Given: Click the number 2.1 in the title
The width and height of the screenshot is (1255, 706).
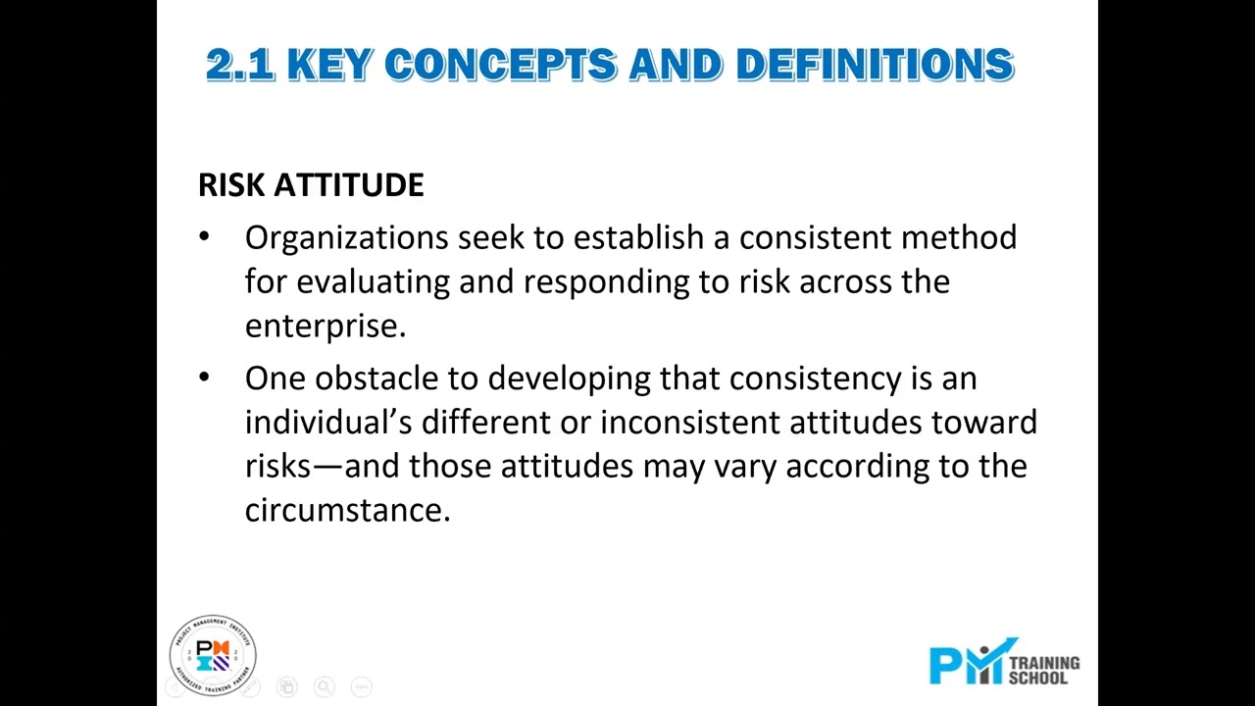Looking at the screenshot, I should (x=240, y=66).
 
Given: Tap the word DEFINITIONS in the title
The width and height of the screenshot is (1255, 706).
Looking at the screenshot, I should (x=875, y=66).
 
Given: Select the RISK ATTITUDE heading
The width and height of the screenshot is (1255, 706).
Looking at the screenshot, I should (x=311, y=185).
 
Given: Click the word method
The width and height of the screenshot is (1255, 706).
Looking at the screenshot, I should (x=958, y=237).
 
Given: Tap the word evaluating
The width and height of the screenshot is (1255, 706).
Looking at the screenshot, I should (x=373, y=282).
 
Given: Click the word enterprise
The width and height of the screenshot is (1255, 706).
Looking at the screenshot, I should (x=324, y=327).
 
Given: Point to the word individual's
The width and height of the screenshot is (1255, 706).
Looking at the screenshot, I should (x=327, y=423).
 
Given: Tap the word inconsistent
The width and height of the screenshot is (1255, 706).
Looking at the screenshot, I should (x=690, y=423).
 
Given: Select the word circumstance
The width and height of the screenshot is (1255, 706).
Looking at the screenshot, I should (x=346, y=510).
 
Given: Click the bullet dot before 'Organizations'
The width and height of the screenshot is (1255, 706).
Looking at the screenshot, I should (x=204, y=236).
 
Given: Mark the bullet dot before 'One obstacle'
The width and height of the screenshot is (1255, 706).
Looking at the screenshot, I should (x=204, y=378).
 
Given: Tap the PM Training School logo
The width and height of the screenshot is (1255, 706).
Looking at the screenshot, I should (x=1003, y=663).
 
